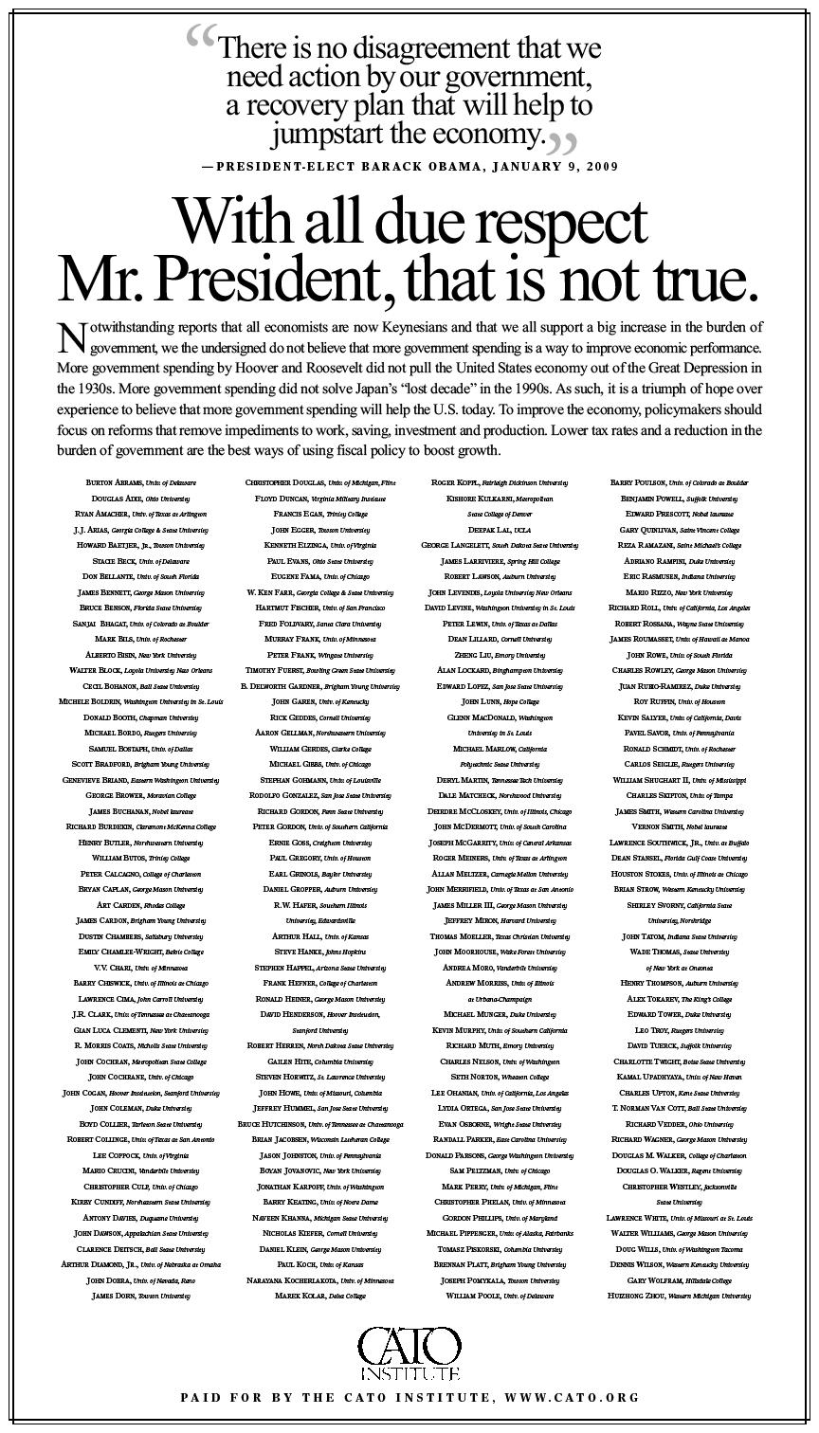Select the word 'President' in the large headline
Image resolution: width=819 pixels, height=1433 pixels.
click(x=275, y=280)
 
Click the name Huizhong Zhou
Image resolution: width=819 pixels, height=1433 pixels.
click(x=645, y=1295)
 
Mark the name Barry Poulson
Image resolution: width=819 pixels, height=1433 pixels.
click(x=639, y=482)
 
